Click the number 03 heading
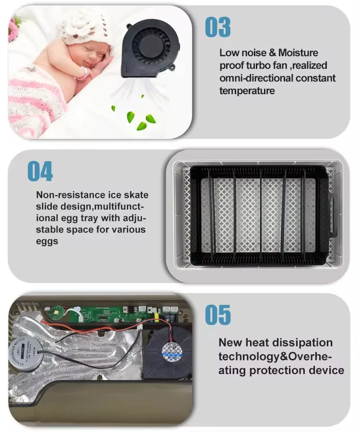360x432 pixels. coord(218,27)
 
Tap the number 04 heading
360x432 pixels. coord(40,171)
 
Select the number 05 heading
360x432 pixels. coord(218,315)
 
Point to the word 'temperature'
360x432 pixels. coord(247,91)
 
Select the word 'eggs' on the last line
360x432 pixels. coord(47,241)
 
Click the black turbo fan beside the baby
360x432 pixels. coord(150,49)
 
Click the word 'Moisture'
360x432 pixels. coord(298,53)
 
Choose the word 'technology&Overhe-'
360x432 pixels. coord(275,357)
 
